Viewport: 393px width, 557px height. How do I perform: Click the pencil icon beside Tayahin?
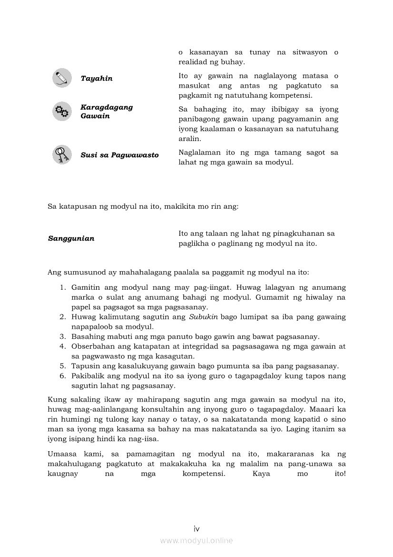62,78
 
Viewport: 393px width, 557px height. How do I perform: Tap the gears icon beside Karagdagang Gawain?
62,111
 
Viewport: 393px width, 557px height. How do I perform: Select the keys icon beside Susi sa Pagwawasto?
62,155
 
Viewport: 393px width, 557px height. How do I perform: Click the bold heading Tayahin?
97,79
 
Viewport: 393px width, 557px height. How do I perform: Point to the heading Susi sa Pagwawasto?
119,155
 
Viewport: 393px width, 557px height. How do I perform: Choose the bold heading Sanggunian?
71,239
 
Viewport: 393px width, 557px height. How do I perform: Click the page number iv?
196,528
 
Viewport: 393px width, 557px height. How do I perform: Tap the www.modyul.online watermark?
196,541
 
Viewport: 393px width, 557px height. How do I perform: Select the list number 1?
62,288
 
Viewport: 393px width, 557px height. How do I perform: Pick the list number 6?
62,376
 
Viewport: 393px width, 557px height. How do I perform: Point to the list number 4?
62,346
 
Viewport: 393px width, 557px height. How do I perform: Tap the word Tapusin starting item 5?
84,366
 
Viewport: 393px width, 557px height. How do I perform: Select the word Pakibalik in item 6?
86,376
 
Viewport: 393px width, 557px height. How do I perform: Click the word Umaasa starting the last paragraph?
62,454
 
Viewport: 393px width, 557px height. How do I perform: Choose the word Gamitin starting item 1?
84,288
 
